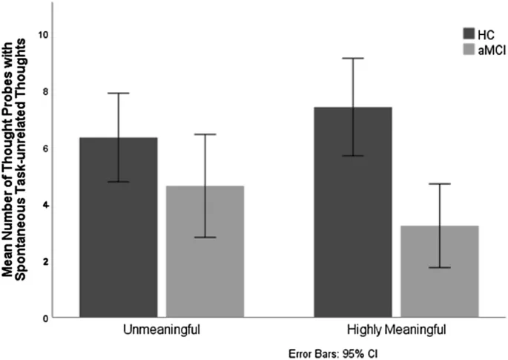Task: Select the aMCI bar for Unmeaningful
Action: pos(205,252)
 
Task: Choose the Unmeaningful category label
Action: pos(161,328)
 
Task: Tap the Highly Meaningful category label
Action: pos(396,328)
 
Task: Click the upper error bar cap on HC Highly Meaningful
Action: pos(353,58)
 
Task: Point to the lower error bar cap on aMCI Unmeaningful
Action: pos(205,238)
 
